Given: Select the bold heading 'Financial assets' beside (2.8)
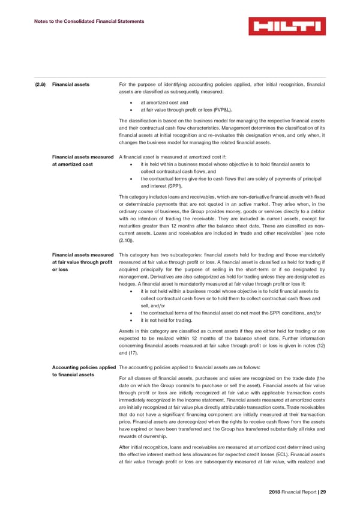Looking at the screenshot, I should tap(71, 84).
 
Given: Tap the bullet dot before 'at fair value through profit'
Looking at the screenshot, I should tap(131, 110).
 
